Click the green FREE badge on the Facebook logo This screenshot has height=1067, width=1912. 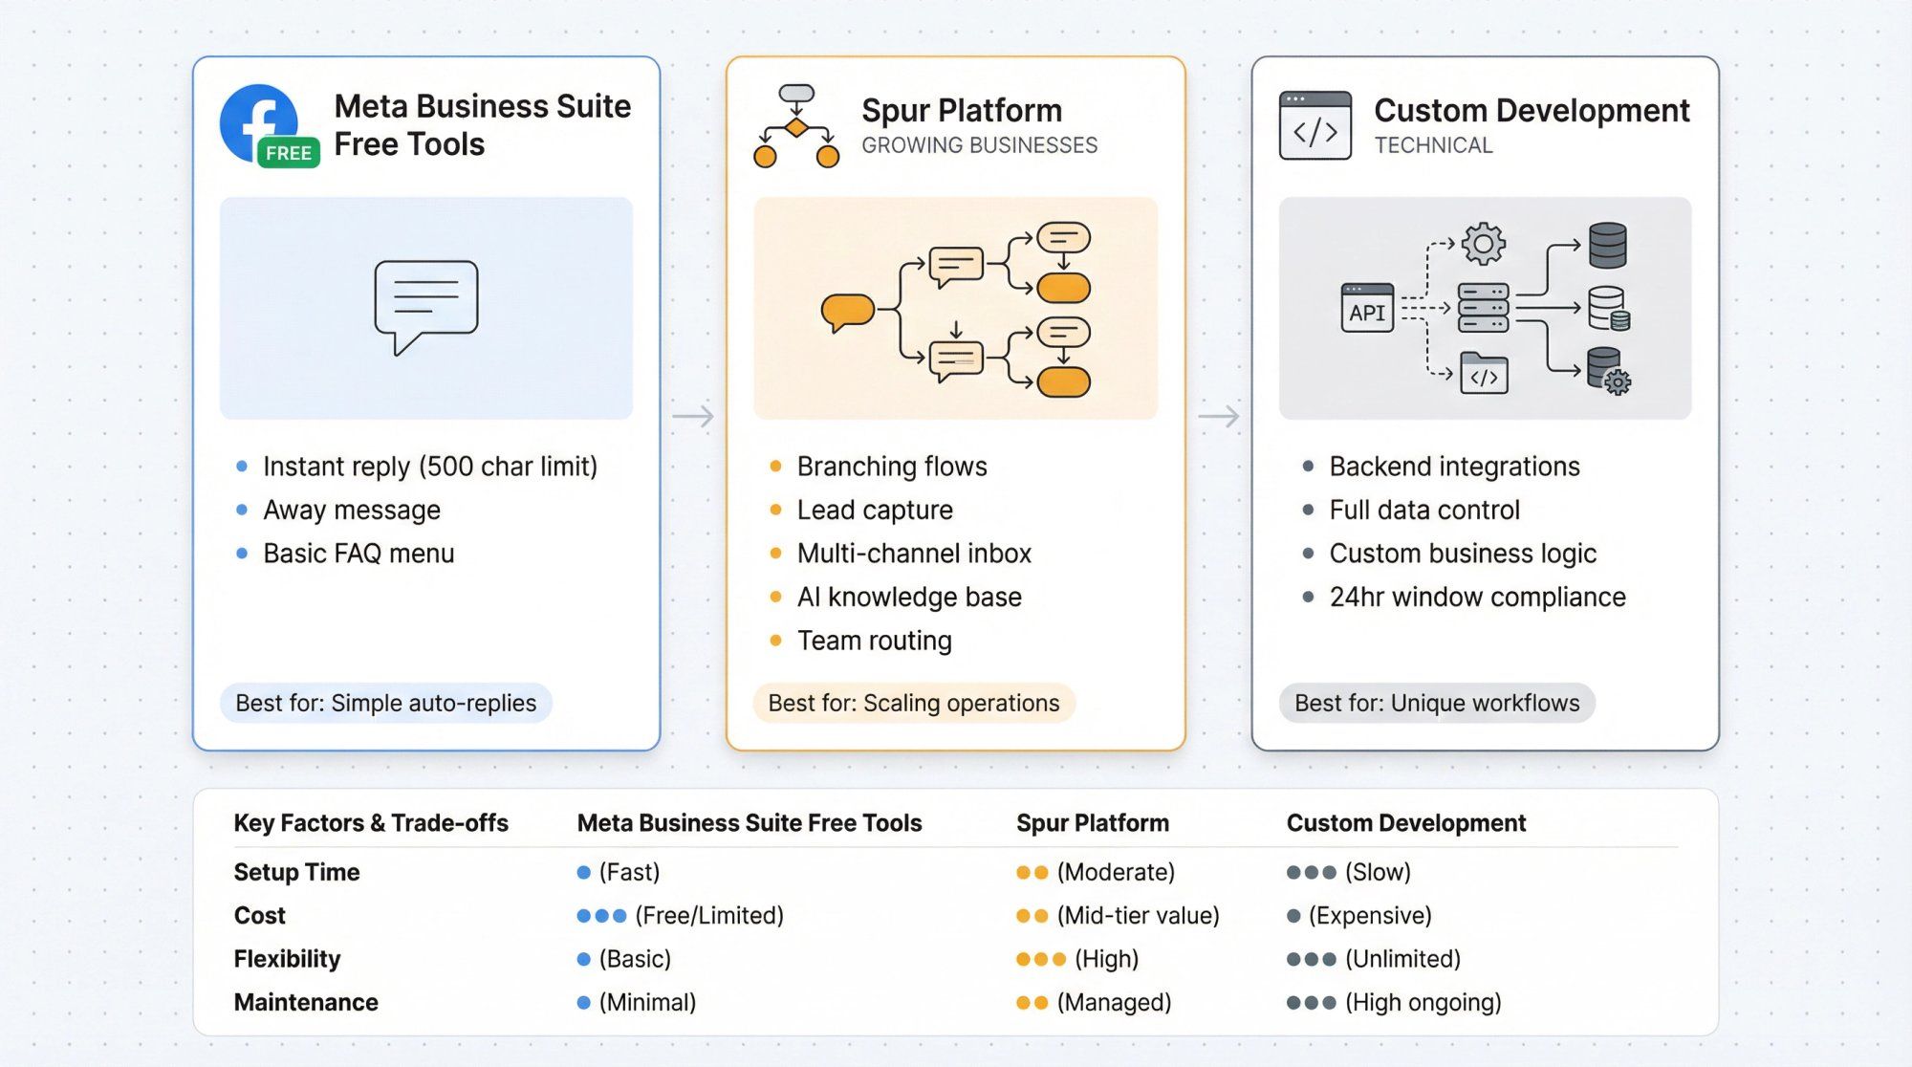pyautogui.click(x=288, y=153)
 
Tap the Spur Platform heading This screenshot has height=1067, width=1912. pyautogui.click(x=961, y=111)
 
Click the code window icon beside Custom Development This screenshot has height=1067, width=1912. pyautogui.click(x=1314, y=125)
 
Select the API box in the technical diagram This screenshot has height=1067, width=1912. pyautogui.click(x=1366, y=309)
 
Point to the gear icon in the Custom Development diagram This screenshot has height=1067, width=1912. pyautogui.click(x=1483, y=244)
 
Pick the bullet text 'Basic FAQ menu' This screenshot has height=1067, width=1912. pyautogui.click(x=358, y=554)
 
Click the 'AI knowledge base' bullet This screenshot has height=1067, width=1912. pyautogui.click(x=909, y=598)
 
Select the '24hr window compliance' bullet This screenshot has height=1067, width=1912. pyautogui.click(x=1477, y=598)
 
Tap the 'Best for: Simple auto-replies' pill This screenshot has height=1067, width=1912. pyautogui.click(x=385, y=704)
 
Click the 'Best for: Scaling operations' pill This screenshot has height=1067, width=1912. pyautogui.click(x=913, y=704)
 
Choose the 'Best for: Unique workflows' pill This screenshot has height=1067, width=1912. pyautogui.click(x=1436, y=704)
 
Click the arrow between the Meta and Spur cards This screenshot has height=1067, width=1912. pyautogui.click(x=693, y=417)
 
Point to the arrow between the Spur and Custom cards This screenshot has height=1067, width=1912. pyautogui.click(x=1218, y=417)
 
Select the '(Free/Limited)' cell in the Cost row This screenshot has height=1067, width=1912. pyautogui.click(x=708, y=916)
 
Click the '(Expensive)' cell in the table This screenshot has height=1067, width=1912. pyautogui.click(x=1369, y=916)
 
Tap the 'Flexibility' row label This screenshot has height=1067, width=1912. pyautogui.click(x=287, y=959)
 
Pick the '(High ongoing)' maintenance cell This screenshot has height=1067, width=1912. pyautogui.click(x=1423, y=1003)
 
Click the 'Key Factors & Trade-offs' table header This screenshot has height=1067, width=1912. pyautogui.click(x=371, y=823)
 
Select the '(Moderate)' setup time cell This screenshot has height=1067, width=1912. pyautogui.click(x=1115, y=873)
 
